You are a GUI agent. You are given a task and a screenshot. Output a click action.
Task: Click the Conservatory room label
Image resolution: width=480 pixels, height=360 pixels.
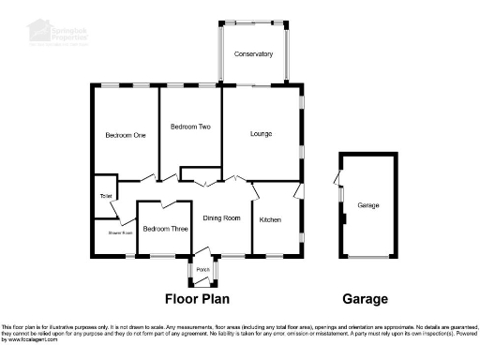(254, 54)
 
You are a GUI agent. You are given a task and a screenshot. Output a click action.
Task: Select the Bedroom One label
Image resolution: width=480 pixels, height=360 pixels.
(126, 135)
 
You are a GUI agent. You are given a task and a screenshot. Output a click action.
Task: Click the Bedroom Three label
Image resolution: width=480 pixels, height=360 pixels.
(164, 229)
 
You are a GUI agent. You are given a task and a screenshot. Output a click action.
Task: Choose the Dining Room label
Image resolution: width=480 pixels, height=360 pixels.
(222, 218)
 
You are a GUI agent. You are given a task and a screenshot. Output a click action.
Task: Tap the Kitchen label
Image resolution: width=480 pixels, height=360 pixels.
(270, 218)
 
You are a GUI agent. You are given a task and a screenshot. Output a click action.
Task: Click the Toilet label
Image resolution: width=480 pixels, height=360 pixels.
(105, 196)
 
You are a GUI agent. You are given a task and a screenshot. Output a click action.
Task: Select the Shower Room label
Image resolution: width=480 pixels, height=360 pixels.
(119, 232)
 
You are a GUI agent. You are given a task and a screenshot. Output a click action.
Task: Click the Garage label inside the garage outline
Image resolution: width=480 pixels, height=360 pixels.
(368, 205)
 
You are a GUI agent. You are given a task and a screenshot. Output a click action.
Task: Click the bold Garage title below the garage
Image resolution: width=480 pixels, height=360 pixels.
(365, 300)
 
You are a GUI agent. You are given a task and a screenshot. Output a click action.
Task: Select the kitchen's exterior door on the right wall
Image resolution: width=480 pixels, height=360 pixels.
(299, 191)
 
